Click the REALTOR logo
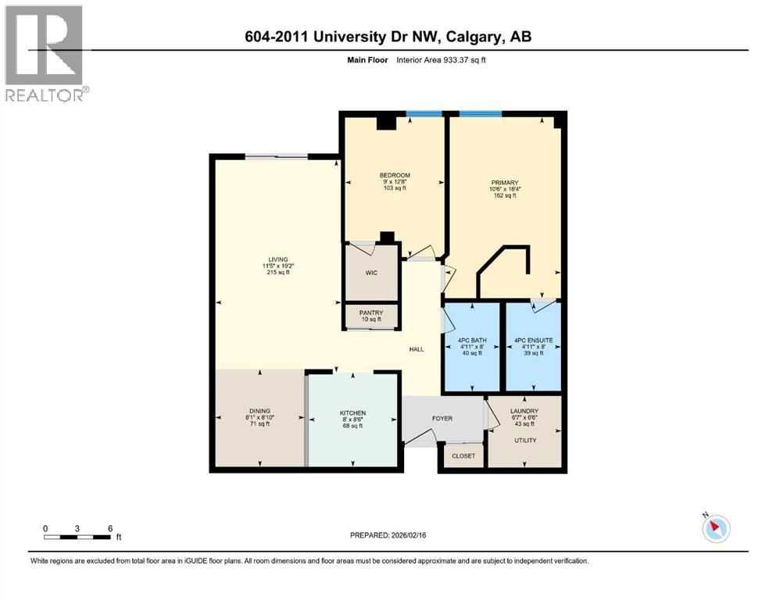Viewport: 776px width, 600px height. (45, 53)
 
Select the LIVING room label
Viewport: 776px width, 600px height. (277, 259)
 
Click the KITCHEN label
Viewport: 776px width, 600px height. (352, 413)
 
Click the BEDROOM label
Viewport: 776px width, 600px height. (395, 175)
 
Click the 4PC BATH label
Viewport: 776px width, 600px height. (471, 341)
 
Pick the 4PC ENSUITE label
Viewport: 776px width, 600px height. (533, 341)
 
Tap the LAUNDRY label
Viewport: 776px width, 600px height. (524, 411)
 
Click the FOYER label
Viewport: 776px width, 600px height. (442, 418)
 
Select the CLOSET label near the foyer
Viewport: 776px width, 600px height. (463, 455)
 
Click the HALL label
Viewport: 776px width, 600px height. (417, 349)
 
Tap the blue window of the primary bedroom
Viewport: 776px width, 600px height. (480, 114)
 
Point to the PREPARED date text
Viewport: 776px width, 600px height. (388, 535)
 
